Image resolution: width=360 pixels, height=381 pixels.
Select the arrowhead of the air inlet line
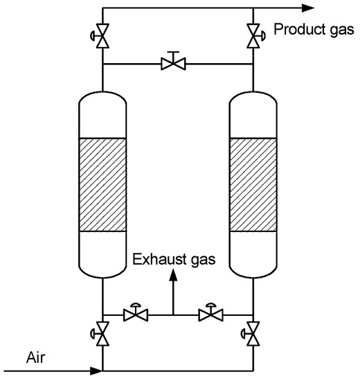click(x=96, y=371)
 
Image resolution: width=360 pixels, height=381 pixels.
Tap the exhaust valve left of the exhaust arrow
click(x=133, y=315)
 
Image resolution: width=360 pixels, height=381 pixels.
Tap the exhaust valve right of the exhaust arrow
click(x=207, y=315)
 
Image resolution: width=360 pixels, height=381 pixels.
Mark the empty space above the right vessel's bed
click(x=253, y=121)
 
